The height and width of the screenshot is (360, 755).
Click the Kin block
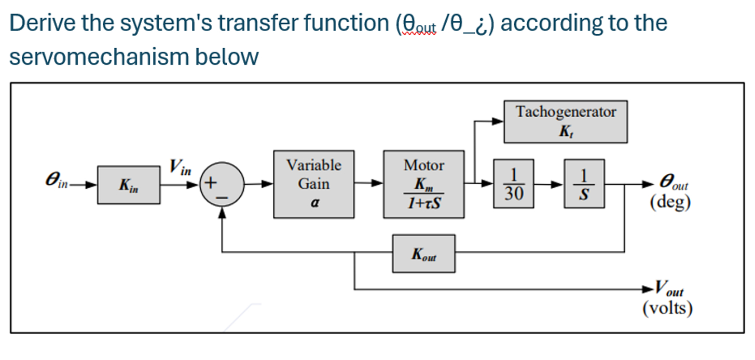[x=129, y=185]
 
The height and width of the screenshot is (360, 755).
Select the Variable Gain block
[x=314, y=184]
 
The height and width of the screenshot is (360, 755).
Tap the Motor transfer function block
[x=424, y=184]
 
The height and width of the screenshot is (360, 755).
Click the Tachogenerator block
[x=566, y=121]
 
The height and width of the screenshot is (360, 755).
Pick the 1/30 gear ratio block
[x=513, y=184]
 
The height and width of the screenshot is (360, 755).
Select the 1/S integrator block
[x=584, y=184]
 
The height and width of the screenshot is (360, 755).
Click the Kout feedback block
[x=423, y=253]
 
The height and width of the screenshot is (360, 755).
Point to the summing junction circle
[x=223, y=184]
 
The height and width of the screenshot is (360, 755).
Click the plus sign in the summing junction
[x=211, y=183]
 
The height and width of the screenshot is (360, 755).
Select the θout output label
[x=674, y=183]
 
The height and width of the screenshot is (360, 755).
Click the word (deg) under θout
[x=670, y=202]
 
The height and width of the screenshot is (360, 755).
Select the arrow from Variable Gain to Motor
[x=369, y=184]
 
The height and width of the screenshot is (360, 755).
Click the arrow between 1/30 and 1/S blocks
[x=548, y=184]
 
